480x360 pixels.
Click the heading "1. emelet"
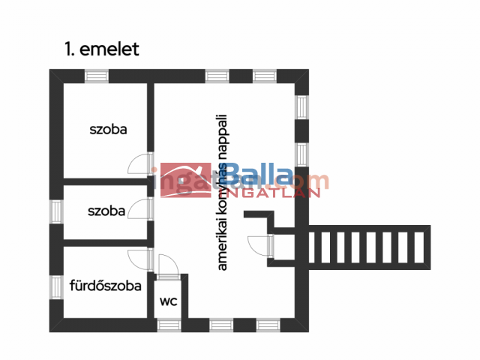click(101, 49)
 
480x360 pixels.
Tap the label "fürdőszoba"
click(106, 285)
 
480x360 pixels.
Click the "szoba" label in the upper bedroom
click(108, 129)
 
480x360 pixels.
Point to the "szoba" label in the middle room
click(106, 211)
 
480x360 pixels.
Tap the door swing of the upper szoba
click(139, 163)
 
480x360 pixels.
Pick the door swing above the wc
click(167, 265)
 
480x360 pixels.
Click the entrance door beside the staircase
click(260, 244)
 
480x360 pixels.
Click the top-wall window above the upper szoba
click(96, 76)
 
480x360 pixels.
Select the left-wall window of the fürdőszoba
click(56, 286)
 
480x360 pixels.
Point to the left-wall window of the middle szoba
click(56, 211)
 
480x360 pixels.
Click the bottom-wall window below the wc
click(169, 325)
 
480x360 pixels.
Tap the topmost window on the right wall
click(301, 106)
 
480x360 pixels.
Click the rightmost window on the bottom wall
click(268, 325)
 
